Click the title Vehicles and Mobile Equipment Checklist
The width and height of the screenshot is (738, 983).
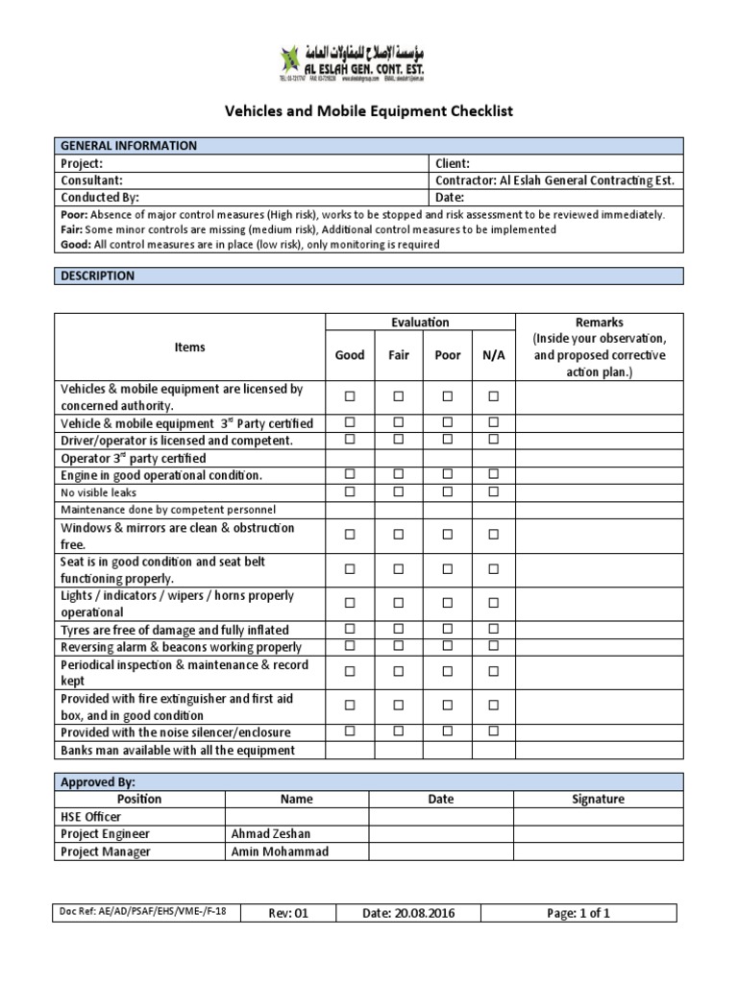[369, 111]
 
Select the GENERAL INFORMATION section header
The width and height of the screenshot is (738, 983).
[129, 146]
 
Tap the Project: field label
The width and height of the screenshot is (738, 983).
[82, 163]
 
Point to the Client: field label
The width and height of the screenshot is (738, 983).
[453, 163]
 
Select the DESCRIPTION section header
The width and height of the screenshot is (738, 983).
[98, 276]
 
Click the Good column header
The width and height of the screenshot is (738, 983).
[350, 355]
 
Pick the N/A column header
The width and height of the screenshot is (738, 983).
[494, 355]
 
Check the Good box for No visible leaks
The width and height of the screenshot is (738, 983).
[350, 491]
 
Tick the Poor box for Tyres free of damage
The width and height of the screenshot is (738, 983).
[448, 630]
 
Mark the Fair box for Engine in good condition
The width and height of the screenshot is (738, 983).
[399, 474]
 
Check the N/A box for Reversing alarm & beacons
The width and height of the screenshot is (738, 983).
[494, 647]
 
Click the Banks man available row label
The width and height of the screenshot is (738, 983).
[178, 750]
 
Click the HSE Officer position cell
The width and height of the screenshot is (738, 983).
[91, 816]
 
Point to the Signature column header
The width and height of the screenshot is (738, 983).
[598, 799]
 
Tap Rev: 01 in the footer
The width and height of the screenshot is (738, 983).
[288, 913]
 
